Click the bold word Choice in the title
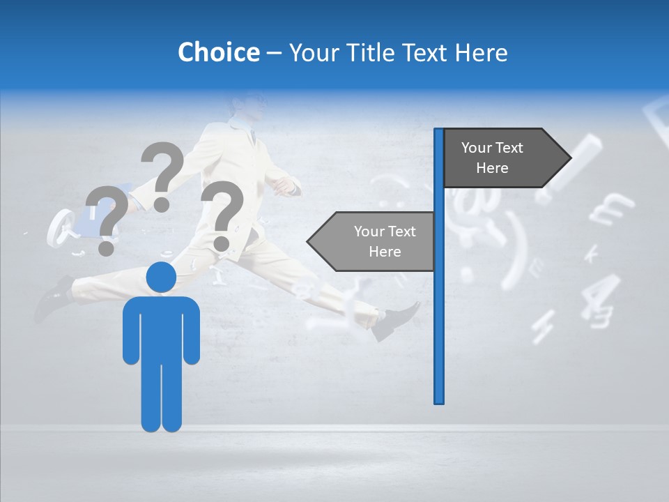tap(218, 52)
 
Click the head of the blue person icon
tap(161, 278)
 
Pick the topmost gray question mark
tap(162, 174)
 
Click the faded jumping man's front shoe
tap(397, 321)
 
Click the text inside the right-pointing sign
tap(492, 158)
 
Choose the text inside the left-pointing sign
tap(385, 241)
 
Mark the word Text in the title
tap(426, 52)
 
